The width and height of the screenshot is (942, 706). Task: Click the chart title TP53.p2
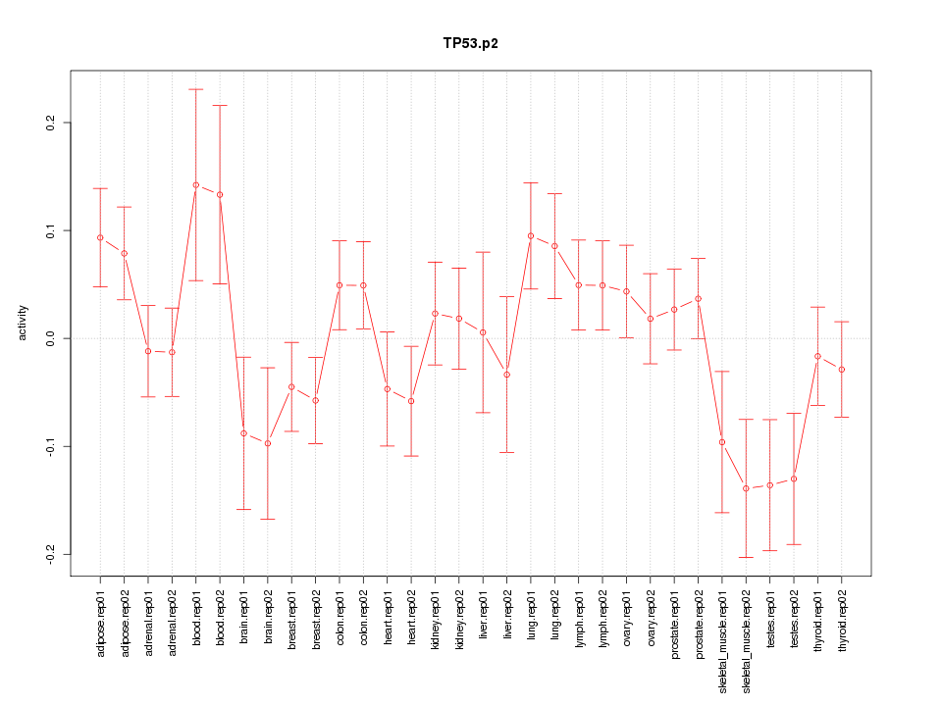[x=470, y=44]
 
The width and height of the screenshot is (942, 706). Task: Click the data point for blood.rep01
[x=196, y=184]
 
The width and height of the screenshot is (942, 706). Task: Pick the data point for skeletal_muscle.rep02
[x=746, y=488]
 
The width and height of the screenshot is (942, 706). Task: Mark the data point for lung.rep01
[x=531, y=235]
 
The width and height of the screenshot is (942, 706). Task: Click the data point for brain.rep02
[x=268, y=443]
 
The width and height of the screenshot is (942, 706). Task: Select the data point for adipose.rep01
[x=100, y=237]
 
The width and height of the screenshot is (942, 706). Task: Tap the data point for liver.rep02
[x=507, y=375]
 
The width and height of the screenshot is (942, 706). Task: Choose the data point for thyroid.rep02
[x=842, y=370]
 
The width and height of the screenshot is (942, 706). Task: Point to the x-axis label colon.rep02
[x=363, y=631]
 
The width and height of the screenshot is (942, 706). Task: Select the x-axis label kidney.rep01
[x=435, y=631]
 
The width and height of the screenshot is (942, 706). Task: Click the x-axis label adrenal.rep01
[x=148, y=633]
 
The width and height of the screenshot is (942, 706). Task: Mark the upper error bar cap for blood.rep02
[x=220, y=105]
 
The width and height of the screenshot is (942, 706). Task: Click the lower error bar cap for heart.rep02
[x=411, y=456]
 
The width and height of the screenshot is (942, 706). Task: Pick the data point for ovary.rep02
[x=651, y=319]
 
